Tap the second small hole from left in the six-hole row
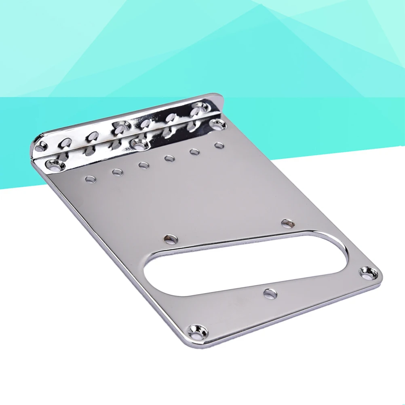(117, 172)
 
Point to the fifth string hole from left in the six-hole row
(194, 152)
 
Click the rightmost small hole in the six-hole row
(219, 145)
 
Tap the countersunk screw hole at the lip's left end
(54, 164)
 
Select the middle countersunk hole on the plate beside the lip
(139, 143)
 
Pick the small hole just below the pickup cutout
(270, 293)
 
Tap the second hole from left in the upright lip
(66, 141)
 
